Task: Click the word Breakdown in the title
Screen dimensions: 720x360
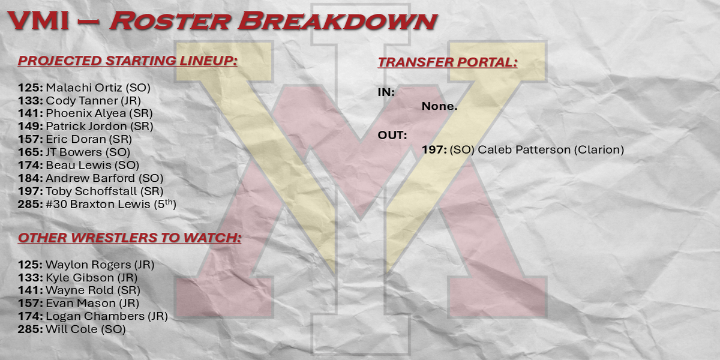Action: pyautogui.click(x=337, y=21)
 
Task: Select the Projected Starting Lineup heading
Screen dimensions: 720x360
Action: pyautogui.click(x=128, y=61)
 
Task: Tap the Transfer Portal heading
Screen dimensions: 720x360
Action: pyautogui.click(x=448, y=62)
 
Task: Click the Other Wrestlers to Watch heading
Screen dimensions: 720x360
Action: pyautogui.click(x=130, y=238)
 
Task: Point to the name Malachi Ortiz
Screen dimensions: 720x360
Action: pyautogui.click(x=84, y=88)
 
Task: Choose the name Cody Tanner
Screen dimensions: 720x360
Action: pyautogui.click(x=82, y=101)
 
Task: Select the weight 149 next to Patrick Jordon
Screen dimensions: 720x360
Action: pyautogui.click(x=30, y=126)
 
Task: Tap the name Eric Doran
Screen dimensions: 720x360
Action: pyautogui.click(x=76, y=139)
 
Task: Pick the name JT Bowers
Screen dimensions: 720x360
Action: pyautogui.click(x=74, y=152)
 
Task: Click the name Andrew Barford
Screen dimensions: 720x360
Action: pyautogui.click(x=91, y=178)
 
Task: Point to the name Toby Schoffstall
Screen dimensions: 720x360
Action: pyautogui.click(x=91, y=191)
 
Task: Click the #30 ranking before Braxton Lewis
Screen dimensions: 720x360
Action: pyautogui.click(x=56, y=204)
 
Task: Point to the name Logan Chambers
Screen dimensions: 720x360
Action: pyautogui.click(x=95, y=316)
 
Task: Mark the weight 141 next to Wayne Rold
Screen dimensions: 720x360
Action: pyautogui.click(x=30, y=290)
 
